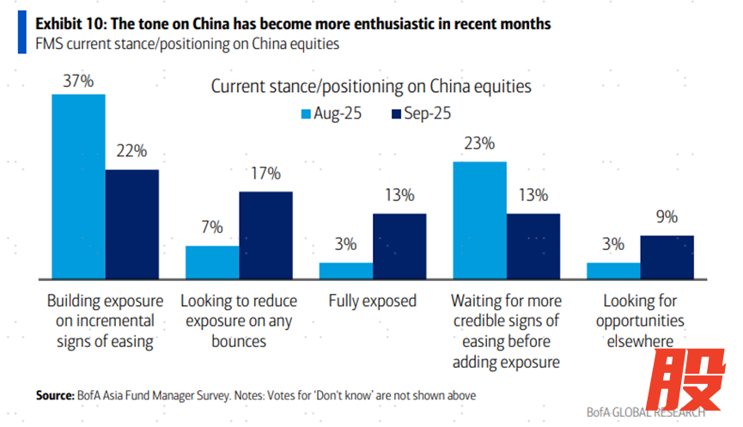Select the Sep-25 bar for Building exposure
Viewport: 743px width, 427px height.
[131, 224]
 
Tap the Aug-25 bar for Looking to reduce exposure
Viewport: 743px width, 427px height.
[212, 262]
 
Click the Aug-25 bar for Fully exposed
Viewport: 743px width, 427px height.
[345, 271]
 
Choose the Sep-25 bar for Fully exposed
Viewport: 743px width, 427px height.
[399, 246]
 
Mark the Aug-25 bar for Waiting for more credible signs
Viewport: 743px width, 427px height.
[479, 220]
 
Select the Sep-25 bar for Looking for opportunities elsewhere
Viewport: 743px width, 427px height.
[667, 257]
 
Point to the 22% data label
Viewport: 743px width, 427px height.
[131, 152]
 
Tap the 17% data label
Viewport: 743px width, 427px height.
[265, 174]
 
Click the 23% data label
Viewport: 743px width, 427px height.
[479, 144]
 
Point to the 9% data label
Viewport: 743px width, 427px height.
[667, 217]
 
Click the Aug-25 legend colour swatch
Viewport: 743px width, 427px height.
[305, 113]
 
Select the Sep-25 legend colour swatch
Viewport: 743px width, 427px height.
[397, 113]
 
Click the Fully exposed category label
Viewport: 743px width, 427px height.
[372, 302]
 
